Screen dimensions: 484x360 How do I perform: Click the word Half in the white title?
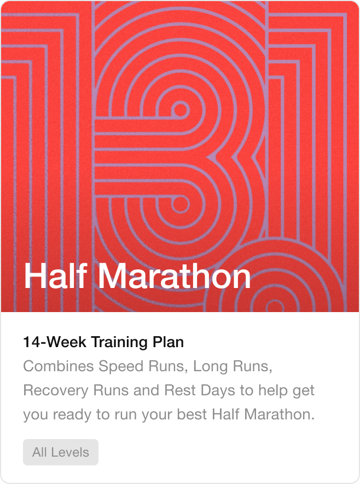(x=56, y=277)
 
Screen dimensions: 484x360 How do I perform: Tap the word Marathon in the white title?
(x=175, y=277)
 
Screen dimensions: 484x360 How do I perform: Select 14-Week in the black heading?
(x=55, y=343)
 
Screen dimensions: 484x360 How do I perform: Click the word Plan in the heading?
(x=167, y=343)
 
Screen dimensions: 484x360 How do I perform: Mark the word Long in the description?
(x=209, y=366)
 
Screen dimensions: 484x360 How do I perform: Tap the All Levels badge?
(x=61, y=452)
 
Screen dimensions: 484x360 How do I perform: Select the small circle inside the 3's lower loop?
(x=179, y=204)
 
